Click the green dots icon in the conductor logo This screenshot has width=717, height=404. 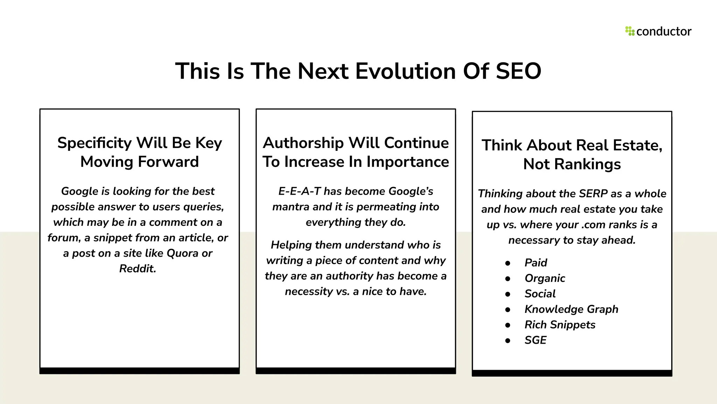[x=630, y=31]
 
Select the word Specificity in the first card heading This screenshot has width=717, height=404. [x=94, y=143]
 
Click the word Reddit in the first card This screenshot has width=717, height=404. [x=137, y=269]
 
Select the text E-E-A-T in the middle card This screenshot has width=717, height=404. [x=299, y=191]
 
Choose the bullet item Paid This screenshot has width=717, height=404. [x=536, y=263]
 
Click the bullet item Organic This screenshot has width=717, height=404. [x=545, y=278]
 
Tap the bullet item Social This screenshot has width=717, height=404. [x=540, y=294]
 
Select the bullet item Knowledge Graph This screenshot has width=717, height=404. [x=571, y=309]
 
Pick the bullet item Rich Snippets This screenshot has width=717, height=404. [x=560, y=325]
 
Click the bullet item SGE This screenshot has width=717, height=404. [x=535, y=340]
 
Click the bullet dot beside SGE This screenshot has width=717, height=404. [x=508, y=341]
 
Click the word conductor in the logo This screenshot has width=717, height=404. [x=664, y=32]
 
